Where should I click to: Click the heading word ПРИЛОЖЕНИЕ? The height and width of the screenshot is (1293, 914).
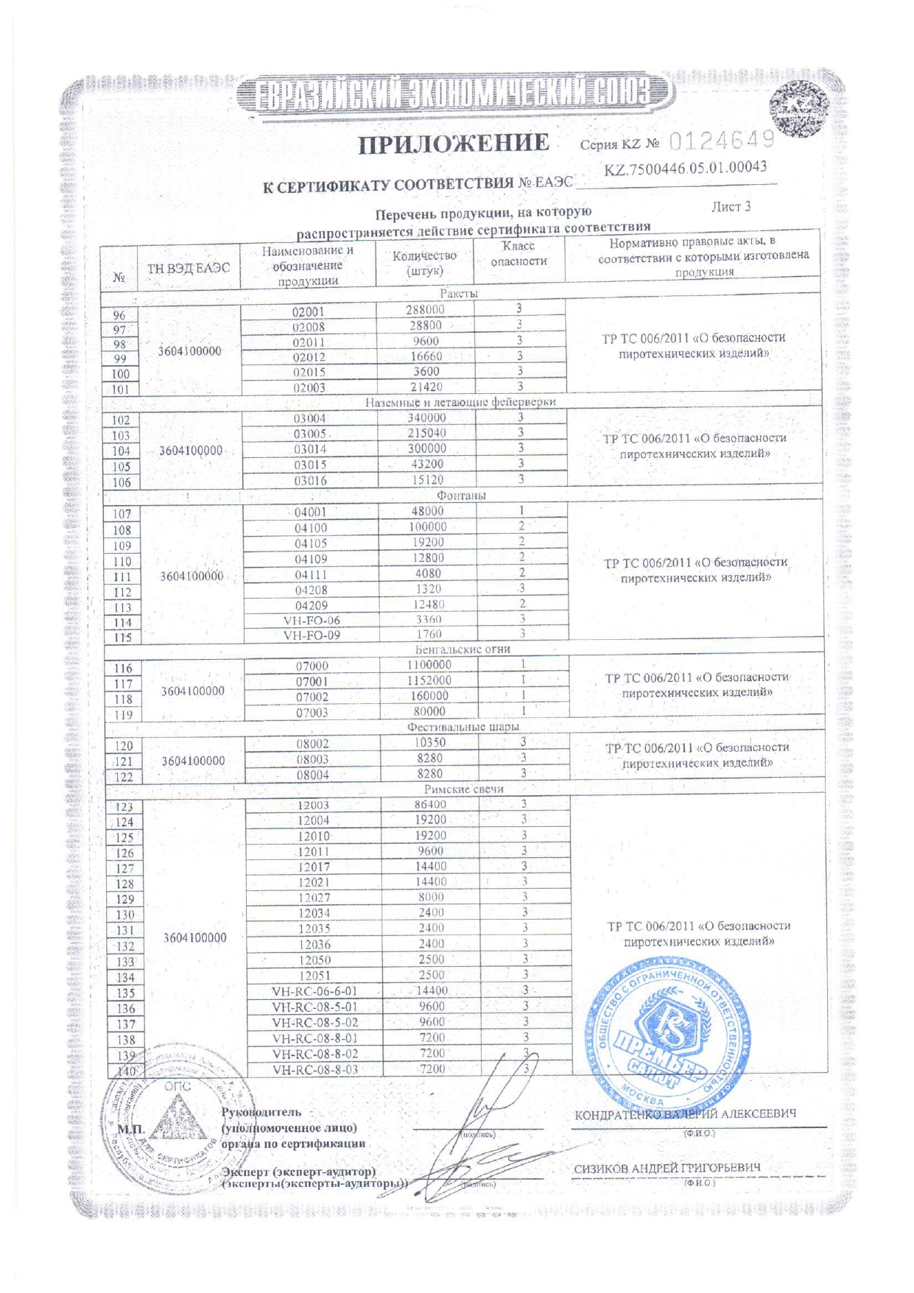coord(454,143)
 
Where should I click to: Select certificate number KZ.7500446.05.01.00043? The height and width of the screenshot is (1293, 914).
coord(685,169)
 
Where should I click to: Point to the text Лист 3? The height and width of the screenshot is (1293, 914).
coord(731,207)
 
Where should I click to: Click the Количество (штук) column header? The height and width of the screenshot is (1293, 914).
coord(424,263)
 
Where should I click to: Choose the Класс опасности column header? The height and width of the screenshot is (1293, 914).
coord(518,253)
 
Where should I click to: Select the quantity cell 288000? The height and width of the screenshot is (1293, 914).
coord(426,310)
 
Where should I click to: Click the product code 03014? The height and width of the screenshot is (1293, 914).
coord(310,449)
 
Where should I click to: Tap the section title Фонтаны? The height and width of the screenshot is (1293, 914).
coord(462,496)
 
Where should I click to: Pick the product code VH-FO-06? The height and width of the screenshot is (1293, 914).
coord(312,621)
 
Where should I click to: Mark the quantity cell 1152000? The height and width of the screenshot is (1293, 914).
coord(429,680)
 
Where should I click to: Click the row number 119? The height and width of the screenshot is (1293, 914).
coord(123,714)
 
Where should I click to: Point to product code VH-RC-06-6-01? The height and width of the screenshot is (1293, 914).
coord(314,991)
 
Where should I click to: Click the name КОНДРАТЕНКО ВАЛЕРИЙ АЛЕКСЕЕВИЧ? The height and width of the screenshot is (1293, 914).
coord(685,1115)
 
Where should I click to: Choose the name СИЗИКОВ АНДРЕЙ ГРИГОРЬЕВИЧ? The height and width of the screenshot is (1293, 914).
coord(667,1168)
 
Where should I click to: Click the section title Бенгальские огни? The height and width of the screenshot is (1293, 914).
coord(463,649)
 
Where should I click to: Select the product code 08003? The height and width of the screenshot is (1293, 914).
coord(312,759)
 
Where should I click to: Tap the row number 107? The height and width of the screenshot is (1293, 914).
coord(122,514)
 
